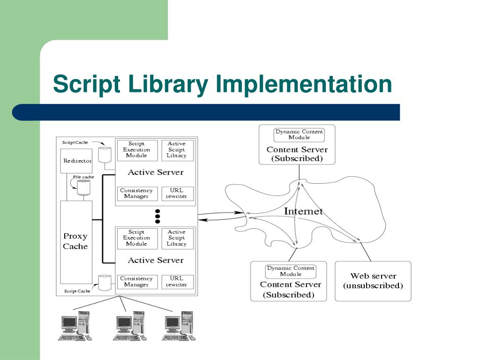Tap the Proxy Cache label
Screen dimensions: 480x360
point(75,241)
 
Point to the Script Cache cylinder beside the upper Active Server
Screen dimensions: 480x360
point(105,155)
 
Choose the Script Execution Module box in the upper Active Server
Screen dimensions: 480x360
point(136,150)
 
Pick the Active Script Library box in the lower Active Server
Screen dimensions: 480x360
point(177,238)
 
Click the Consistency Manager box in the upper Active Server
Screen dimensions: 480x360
point(136,193)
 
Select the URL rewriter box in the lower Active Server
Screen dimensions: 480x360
point(177,281)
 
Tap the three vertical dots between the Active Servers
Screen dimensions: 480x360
point(157,216)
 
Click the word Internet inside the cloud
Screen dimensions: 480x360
point(303,211)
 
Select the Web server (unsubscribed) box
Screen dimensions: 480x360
point(373,281)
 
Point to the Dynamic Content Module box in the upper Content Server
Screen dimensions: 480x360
point(299,135)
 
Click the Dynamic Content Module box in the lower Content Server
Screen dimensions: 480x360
point(291,271)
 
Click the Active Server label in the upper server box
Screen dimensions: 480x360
point(156,172)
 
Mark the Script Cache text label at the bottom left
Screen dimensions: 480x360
point(77,291)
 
